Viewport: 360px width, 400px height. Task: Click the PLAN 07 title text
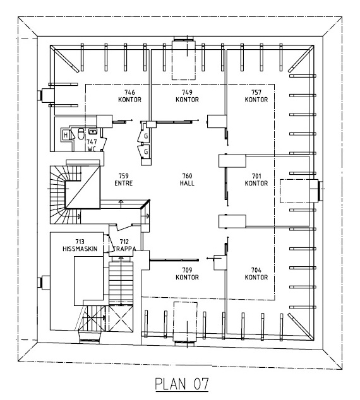(x=182, y=384)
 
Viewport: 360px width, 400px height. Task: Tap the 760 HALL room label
(x=187, y=180)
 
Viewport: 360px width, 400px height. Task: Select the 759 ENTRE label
(x=124, y=180)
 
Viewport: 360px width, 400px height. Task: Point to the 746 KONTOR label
(x=129, y=96)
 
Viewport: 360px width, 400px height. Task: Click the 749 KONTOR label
(x=187, y=96)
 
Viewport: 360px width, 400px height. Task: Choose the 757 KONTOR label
(x=256, y=96)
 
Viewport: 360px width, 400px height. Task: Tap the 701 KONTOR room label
(x=256, y=180)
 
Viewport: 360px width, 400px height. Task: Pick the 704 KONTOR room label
(x=256, y=274)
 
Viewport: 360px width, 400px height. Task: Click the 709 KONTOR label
(x=187, y=274)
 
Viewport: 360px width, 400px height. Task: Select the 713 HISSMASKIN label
(x=80, y=245)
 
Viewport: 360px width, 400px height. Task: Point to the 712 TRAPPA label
(x=124, y=245)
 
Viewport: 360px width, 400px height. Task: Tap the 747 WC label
(x=92, y=145)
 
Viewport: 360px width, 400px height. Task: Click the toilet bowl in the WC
(x=81, y=133)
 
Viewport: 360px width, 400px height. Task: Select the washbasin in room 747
(x=93, y=131)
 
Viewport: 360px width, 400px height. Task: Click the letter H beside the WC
(x=66, y=135)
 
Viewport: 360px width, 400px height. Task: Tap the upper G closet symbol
(x=146, y=136)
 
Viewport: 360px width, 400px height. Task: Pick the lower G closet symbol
(x=146, y=152)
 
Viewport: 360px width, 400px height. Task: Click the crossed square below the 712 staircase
(x=121, y=319)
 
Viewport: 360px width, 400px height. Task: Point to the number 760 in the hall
(x=187, y=176)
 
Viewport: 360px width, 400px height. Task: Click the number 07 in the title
(x=201, y=384)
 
